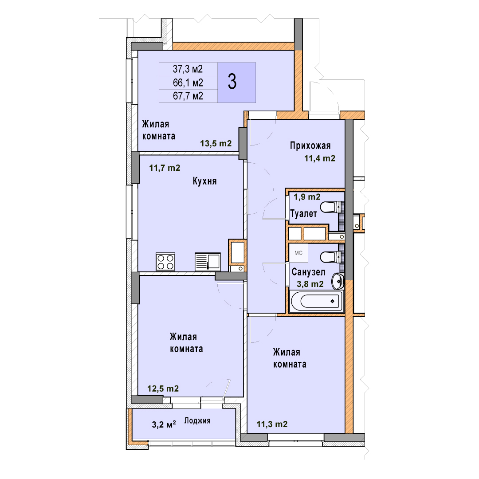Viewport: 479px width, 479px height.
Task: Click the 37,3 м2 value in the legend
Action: coord(188,69)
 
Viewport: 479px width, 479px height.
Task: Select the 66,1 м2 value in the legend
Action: coord(188,83)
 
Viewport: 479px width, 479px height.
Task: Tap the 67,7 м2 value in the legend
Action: coord(188,96)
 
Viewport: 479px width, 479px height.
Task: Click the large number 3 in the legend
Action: coord(232,82)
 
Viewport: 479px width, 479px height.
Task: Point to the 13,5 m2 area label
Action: coord(216,143)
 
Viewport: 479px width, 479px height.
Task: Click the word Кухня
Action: coord(204,181)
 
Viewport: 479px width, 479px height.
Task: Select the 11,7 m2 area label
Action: coord(165,168)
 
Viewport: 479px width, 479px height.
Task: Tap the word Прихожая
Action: coord(310,146)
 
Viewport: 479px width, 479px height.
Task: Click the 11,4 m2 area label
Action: coord(319,158)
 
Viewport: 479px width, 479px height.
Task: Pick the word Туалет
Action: coord(303,213)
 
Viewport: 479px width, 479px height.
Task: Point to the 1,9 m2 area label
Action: coord(307,197)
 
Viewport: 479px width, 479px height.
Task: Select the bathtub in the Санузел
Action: coord(317,301)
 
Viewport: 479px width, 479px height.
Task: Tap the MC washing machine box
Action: coord(298,253)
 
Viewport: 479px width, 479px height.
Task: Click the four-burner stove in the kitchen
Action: coord(165,262)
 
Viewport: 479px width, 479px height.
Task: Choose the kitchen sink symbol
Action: coord(208,262)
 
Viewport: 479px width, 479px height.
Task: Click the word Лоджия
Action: coord(197,420)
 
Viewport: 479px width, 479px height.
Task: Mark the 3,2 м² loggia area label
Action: coord(164,424)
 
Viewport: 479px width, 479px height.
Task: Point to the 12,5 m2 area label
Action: coord(163,389)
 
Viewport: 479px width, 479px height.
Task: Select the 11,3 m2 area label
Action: coord(272,424)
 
